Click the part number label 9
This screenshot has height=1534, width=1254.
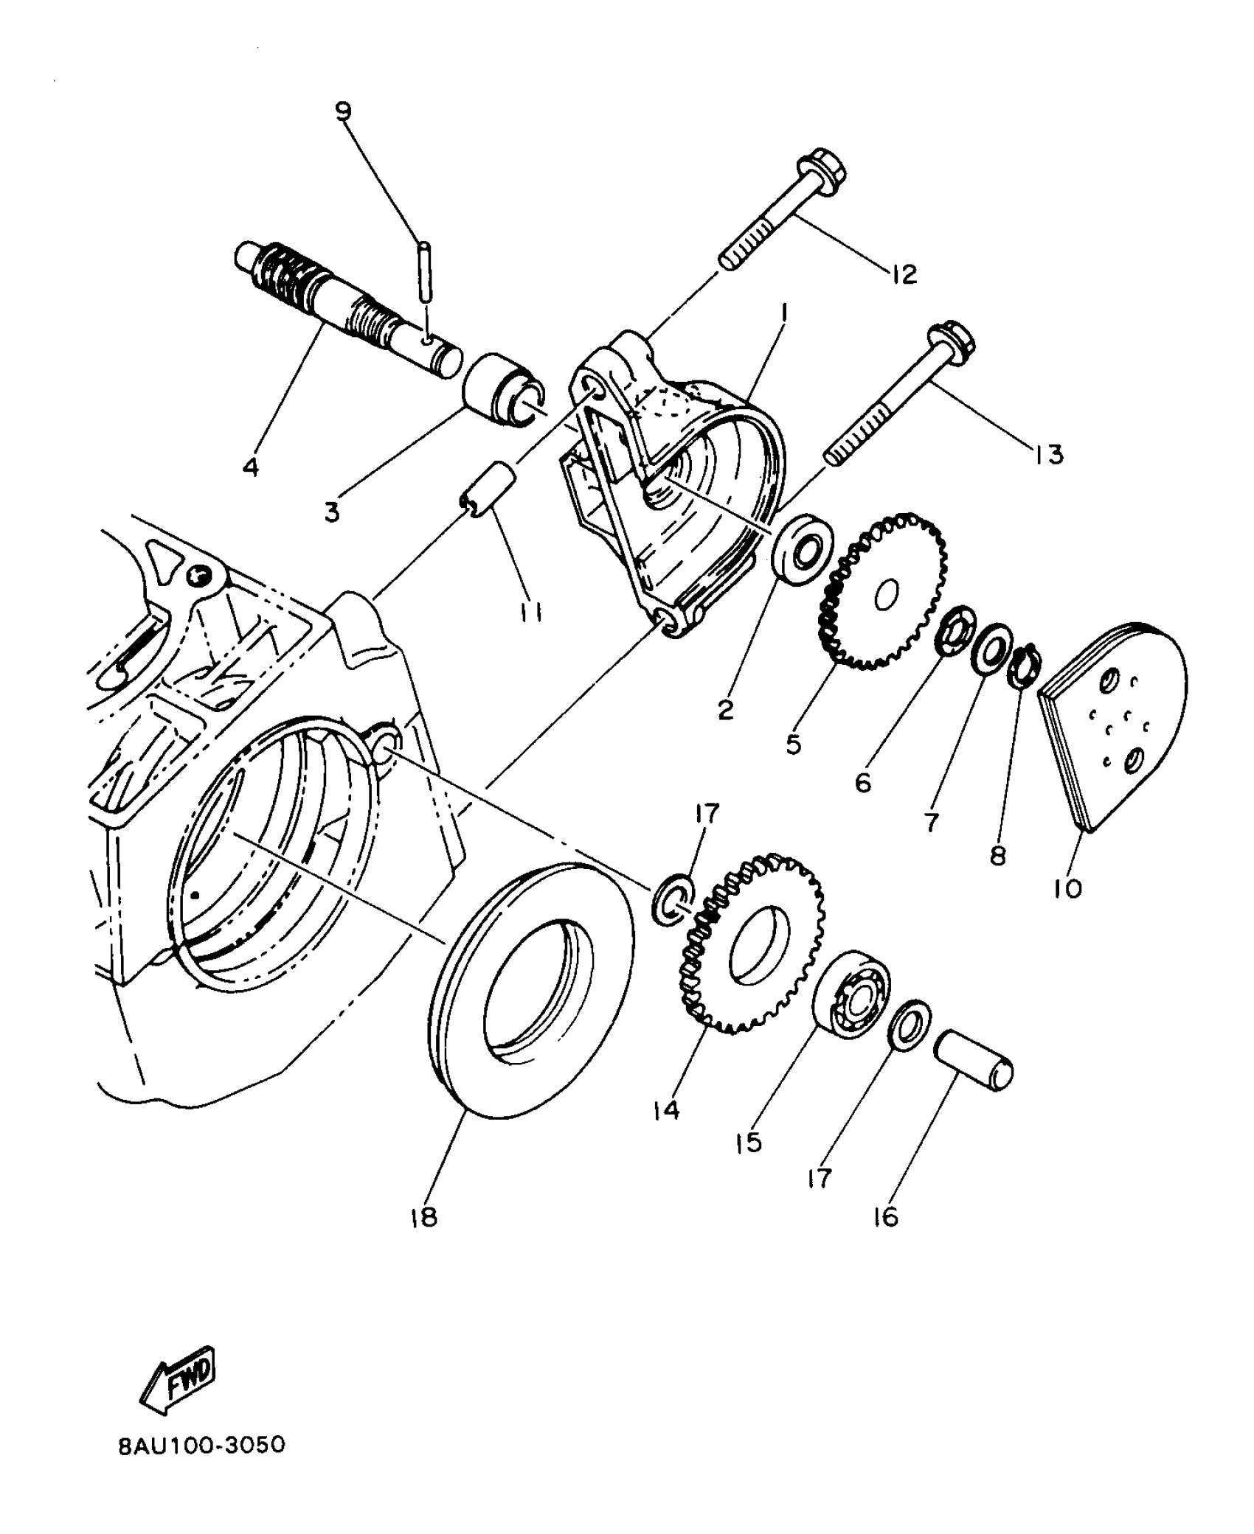(x=343, y=111)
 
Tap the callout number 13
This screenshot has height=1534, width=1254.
(x=1048, y=455)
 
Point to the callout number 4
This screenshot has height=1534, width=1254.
(x=251, y=467)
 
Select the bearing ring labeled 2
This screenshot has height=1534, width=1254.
(x=803, y=549)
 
